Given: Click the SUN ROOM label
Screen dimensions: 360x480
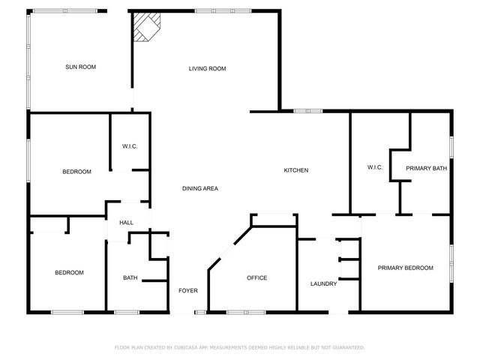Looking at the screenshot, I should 80,67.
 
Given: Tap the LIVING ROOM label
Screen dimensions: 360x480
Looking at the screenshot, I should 207,69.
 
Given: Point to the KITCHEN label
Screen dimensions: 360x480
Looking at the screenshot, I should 295,170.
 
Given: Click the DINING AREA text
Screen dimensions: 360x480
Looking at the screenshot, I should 199,188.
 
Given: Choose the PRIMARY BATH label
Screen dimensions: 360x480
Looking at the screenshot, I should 426,169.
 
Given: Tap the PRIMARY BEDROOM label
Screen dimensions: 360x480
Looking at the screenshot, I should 405,268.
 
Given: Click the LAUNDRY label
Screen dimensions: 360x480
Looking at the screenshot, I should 323,283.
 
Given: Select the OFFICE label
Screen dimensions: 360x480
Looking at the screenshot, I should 257,278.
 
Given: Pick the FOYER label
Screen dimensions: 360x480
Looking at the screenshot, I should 187,290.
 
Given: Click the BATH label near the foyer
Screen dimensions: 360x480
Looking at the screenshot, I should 130,278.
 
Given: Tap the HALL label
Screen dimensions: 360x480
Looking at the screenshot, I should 126,222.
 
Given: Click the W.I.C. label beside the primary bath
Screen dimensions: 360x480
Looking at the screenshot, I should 375,166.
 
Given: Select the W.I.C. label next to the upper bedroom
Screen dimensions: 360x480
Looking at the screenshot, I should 130,146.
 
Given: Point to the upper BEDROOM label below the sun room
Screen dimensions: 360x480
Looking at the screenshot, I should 76,172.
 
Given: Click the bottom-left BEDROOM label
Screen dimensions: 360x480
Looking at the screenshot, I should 69,272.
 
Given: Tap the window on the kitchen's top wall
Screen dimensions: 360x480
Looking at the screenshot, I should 307,112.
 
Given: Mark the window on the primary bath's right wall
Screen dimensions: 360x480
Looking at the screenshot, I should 451,147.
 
